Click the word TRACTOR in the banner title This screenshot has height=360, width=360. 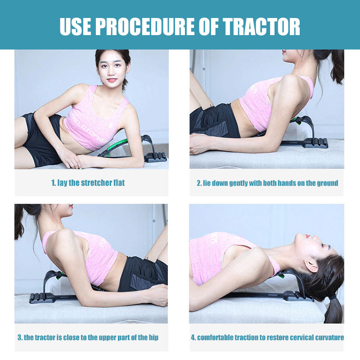click(261, 27)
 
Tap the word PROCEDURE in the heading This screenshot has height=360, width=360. click(145, 27)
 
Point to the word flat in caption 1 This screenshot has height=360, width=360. click(119, 183)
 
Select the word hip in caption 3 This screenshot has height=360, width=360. click(153, 337)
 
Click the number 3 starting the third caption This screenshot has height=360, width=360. click(20, 337)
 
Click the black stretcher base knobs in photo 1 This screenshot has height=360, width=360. click(156, 157)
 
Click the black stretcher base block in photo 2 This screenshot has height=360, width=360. click(316, 143)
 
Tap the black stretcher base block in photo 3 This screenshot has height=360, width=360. click(42, 298)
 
